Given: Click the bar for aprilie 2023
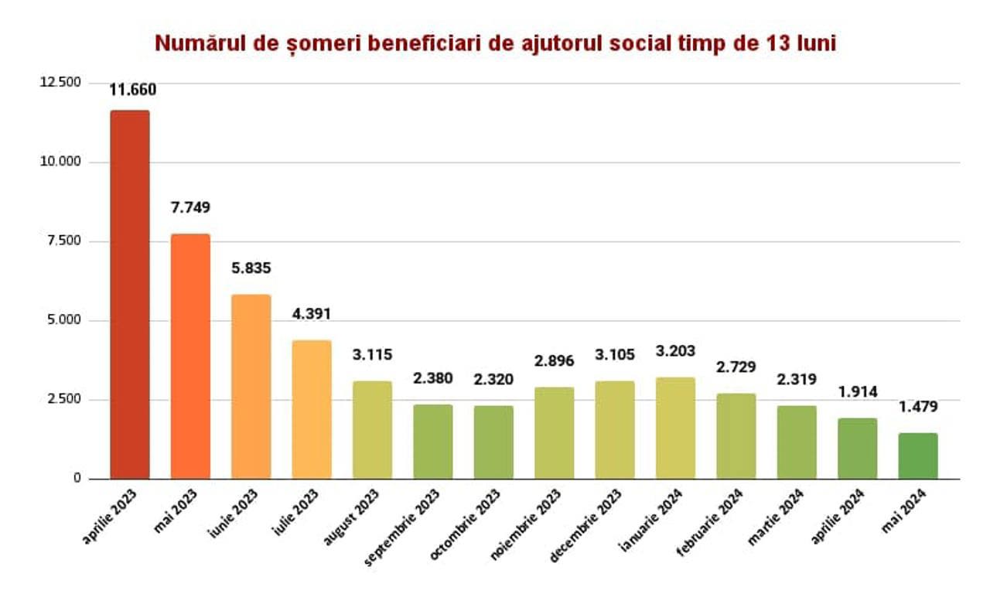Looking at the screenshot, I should tap(130, 294).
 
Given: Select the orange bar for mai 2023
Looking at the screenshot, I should tap(190, 356).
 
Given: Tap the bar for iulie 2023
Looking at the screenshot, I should tap(312, 409).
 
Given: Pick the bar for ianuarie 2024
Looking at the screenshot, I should tap(675, 428).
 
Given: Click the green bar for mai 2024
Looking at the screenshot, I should tap(918, 456).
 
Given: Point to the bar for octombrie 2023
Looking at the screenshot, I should tap(493, 442).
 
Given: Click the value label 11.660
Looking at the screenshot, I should tap(132, 90).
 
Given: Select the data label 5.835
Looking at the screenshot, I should tap(251, 268).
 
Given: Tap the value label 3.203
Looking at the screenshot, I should tap(676, 351).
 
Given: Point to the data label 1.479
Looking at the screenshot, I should tap(918, 407).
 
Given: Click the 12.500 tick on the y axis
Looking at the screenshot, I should tap(60, 83).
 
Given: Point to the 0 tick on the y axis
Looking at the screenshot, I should tap(77, 479).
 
